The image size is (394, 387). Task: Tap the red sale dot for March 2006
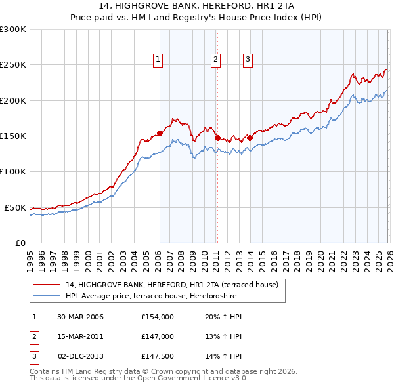pyautogui.click(x=160, y=133)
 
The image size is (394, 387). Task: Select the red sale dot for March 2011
pyautogui.click(x=217, y=138)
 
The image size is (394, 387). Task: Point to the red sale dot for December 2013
pyautogui.click(x=250, y=138)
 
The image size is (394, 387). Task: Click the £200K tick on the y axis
pyautogui.click(x=13, y=100)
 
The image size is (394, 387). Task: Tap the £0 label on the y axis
pyautogui.click(x=20, y=243)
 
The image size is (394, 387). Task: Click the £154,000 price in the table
pyautogui.click(x=157, y=317)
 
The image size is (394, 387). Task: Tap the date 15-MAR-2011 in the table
pyautogui.click(x=80, y=336)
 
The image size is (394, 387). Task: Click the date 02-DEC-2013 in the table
pyautogui.click(x=80, y=356)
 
